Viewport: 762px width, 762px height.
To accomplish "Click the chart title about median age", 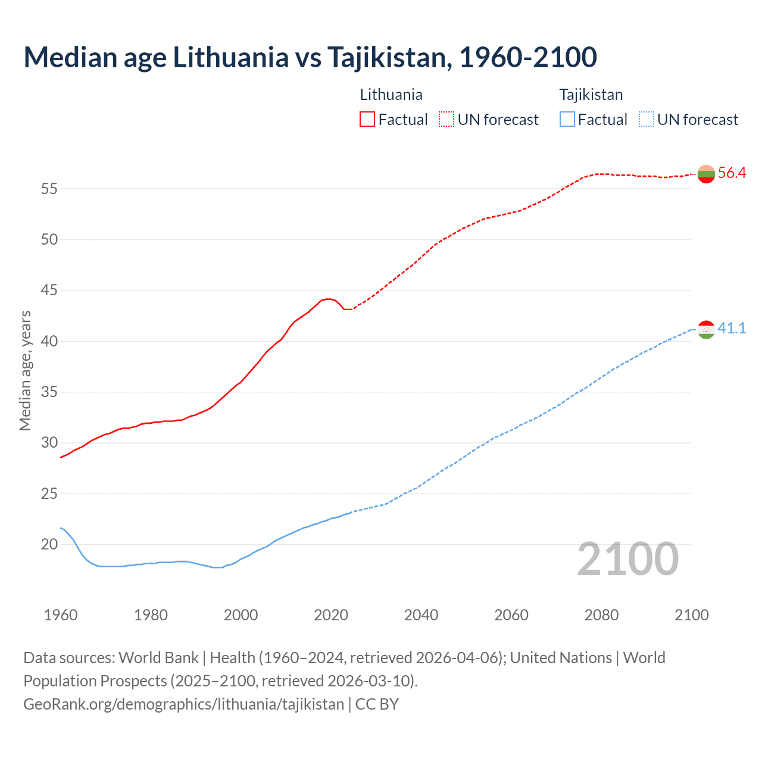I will point(310,57).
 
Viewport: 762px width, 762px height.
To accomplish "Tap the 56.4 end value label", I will point(732,173).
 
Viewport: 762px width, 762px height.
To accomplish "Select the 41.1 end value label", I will point(732,329).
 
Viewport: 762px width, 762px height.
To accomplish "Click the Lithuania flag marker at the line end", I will point(706,174).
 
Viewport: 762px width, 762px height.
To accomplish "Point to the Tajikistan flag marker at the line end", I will point(706,329).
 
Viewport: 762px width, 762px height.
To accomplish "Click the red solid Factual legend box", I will point(367,120).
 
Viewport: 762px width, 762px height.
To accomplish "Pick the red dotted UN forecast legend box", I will point(446,120).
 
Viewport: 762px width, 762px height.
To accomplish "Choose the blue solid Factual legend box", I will point(567,120).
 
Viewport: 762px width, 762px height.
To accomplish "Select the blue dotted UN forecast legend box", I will point(646,120).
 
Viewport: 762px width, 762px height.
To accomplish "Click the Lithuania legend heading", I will point(391,95).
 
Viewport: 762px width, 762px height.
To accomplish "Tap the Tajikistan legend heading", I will point(591,95).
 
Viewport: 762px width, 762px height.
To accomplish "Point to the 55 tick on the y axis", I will point(49,189).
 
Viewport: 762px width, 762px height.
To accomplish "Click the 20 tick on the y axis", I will point(49,545).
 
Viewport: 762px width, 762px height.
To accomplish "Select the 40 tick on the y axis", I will point(49,342).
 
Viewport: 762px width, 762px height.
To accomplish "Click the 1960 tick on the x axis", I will point(61,615).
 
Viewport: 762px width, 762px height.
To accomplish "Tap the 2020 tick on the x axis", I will point(331,615).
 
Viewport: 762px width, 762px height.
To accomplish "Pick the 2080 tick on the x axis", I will point(601,615).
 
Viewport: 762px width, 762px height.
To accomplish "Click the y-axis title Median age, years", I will point(25,370).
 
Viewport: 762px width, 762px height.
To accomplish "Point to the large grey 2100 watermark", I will point(627,559).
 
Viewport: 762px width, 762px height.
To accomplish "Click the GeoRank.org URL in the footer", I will point(183,704).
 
